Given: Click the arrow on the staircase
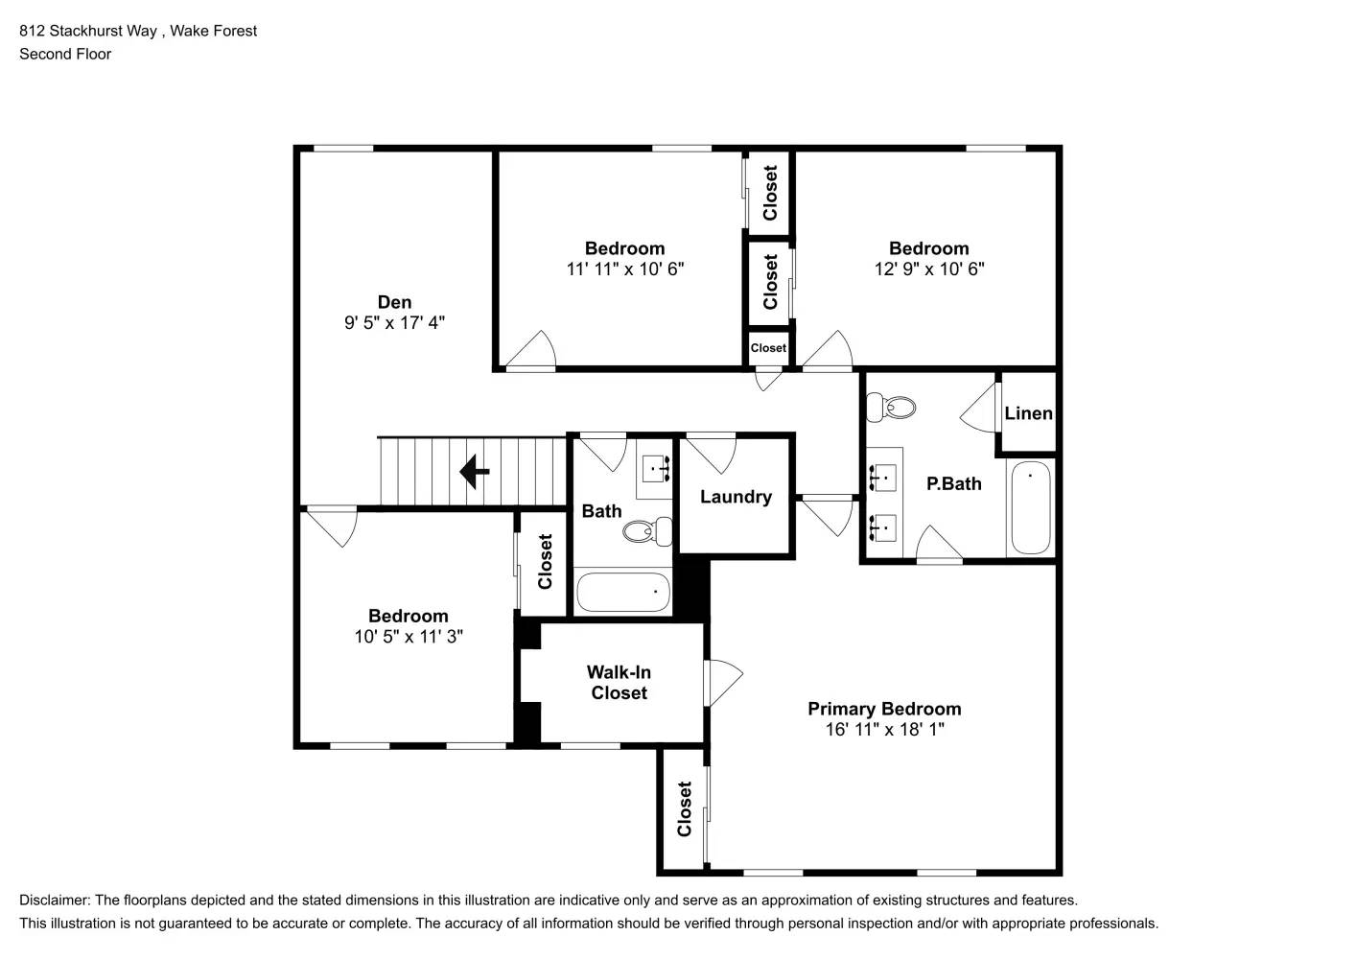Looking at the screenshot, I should click(475, 472).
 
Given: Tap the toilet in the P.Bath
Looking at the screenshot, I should click(891, 407).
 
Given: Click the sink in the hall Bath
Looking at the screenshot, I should click(655, 470).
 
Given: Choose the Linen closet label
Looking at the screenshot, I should click(1028, 413).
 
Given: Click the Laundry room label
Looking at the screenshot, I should click(736, 497).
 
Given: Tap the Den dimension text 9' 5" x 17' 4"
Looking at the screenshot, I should click(394, 323).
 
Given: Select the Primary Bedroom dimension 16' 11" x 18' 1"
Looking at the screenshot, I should click(884, 730).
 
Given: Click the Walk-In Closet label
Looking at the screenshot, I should click(619, 683).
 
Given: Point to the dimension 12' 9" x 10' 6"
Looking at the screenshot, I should click(928, 269).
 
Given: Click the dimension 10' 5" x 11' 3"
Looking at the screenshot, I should click(409, 637).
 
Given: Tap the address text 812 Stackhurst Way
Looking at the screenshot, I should click(88, 31).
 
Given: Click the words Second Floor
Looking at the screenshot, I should click(65, 55).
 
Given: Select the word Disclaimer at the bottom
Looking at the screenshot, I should click(54, 901).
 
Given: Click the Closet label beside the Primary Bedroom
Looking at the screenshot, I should click(684, 809).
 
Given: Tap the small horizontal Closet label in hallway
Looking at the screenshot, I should click(768, 348).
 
